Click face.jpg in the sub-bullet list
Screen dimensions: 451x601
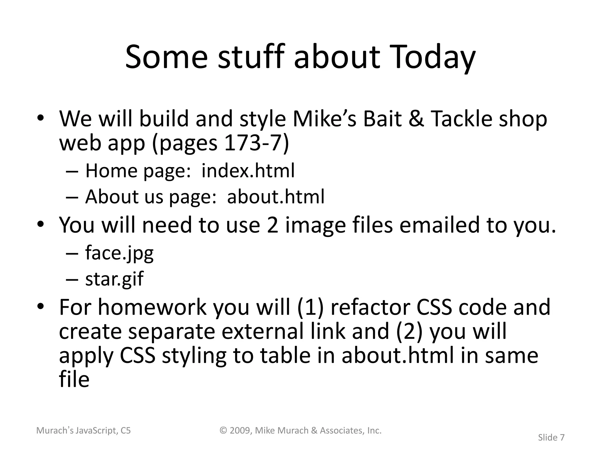(119, 253)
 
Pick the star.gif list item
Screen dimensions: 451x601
(114, 279)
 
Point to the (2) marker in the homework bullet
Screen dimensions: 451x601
(409, 331)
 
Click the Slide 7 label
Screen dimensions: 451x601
(551, 437)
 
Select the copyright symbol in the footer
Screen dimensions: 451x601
(224, 430)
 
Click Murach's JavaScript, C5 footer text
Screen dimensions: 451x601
(83, 431)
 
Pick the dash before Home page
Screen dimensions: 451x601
(72, 171)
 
